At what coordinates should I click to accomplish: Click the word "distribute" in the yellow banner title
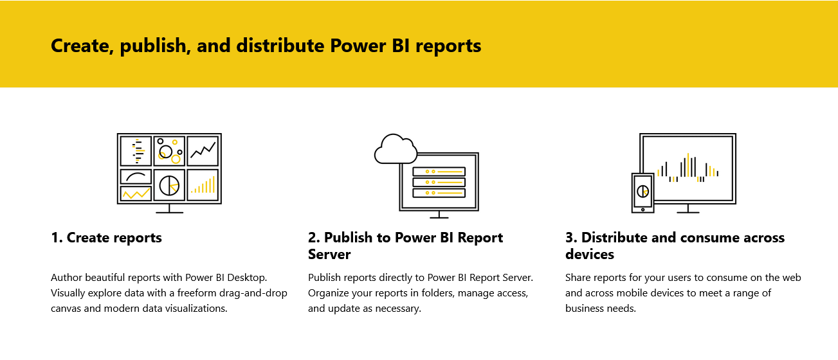pos(280,46)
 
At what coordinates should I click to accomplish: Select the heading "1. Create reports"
pos(106,238)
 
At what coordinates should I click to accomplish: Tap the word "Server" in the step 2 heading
pos(329,255)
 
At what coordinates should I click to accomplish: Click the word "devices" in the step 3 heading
pos(590,255)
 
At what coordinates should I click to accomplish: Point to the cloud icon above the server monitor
pos(396,148)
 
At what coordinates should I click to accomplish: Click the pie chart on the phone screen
pos(642,191)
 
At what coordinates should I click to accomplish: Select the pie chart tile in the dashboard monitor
pos(170,185)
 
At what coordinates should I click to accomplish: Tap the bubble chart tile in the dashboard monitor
pos(170,151)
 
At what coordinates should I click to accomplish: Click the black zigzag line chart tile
pos(203,151)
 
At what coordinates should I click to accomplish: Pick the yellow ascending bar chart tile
pos(203,185)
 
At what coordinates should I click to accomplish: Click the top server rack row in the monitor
pos(439,172)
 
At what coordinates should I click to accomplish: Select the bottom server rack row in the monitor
pos(439,193)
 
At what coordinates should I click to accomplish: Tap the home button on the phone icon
pos(642,210)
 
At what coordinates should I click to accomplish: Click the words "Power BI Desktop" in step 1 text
pos(225,278)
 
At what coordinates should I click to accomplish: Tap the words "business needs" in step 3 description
pos(600,309)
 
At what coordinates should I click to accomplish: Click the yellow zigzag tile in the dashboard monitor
pos(136,194)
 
